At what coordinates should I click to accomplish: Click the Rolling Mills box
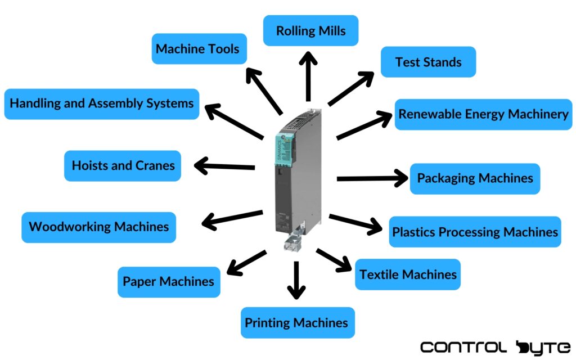pos(310,30)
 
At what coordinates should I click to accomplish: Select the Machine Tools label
pos(197,48)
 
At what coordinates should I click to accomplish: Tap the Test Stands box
pos(428,62)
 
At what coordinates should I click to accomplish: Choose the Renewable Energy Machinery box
pos(483,114)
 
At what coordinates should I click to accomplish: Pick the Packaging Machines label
pos(475,178)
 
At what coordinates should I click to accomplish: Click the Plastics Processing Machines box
pos(475,232)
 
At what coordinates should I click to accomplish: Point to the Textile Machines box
pos(408,274)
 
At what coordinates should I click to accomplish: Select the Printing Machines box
pos(298,323)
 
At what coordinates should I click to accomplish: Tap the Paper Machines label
pos(169,281)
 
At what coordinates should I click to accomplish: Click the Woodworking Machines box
pos(98,227)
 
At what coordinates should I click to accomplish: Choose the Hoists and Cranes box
pos(123,166)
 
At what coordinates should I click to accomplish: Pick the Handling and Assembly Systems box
pos(102,103)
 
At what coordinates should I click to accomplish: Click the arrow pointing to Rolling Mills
pos(308,76)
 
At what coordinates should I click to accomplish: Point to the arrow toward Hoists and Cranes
pos(224,166)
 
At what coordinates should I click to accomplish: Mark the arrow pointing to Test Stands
pos(351,88)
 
